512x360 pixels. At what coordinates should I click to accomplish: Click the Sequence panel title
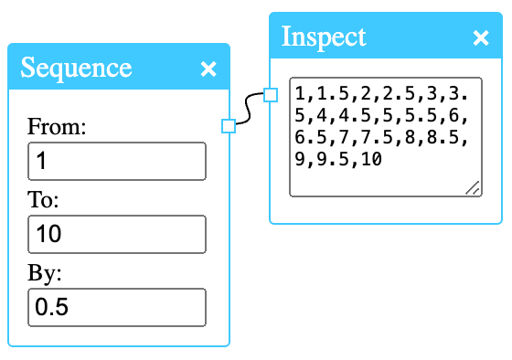point(76,68)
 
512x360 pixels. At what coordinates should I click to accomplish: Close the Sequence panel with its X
point(208,69)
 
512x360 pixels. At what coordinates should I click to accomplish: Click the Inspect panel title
point(324,37)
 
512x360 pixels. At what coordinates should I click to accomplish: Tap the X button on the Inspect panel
point(481,37)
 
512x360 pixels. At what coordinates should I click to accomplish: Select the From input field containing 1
point(117,162)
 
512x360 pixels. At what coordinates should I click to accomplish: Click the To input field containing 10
point(117,235)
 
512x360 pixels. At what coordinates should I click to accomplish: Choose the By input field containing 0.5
point(117,307)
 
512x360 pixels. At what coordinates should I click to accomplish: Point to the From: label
point(57,127)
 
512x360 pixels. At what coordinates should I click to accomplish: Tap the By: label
point(45,273)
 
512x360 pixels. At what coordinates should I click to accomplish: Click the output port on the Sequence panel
point(229,126)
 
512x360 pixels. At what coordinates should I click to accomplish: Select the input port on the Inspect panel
point(270,94)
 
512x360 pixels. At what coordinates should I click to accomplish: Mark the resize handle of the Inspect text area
point(472,186)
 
